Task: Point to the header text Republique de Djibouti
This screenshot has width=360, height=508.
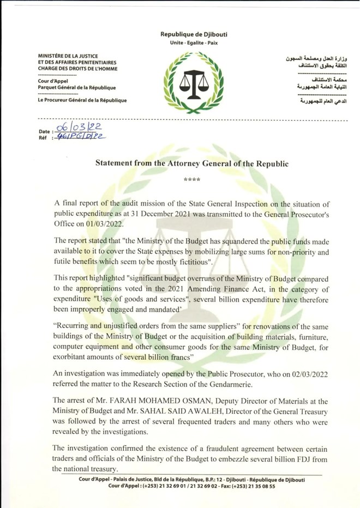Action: coord(194,34)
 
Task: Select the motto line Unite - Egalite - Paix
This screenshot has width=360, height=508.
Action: coord(194,43)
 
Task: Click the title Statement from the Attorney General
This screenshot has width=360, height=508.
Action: coord(192,163)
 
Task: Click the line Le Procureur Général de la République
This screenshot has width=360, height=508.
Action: coord(82,100)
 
